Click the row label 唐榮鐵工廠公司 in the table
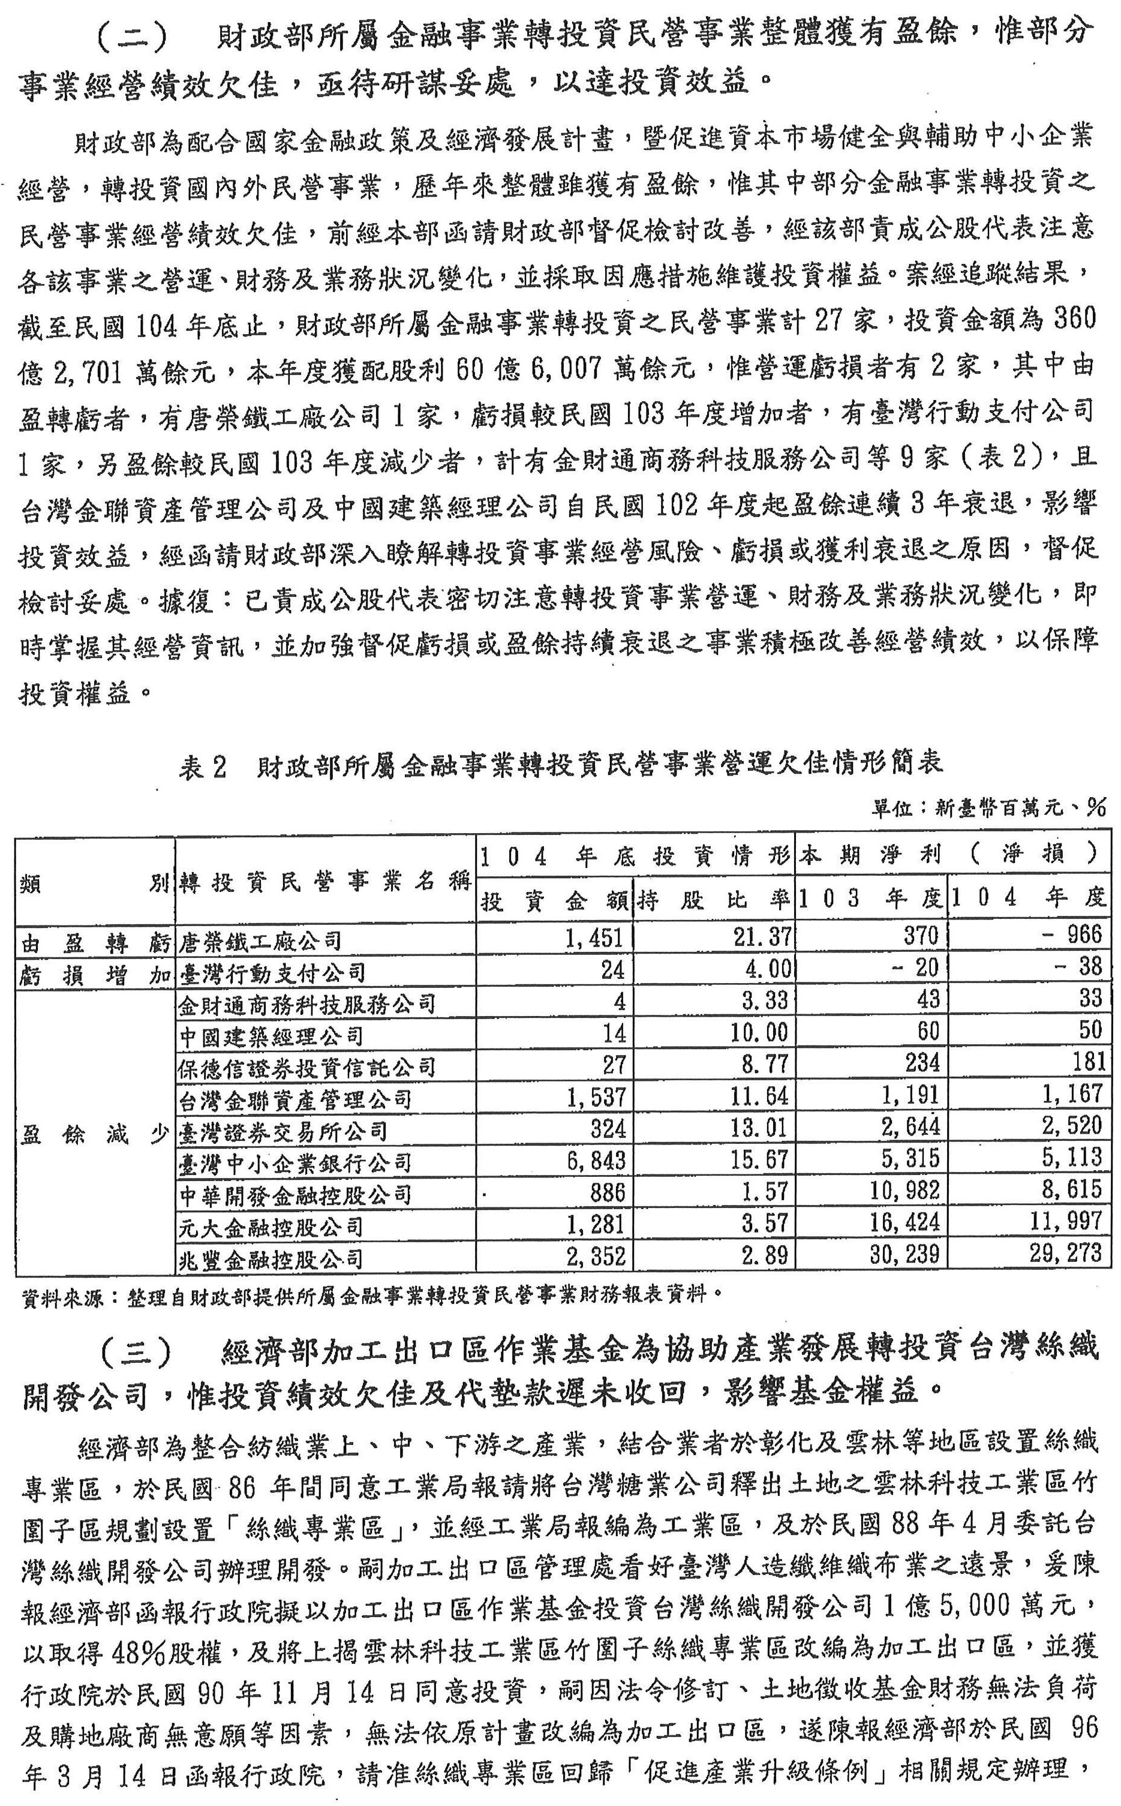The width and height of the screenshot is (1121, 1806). coord(260,942)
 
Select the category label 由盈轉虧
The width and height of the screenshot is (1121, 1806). coord(95,943)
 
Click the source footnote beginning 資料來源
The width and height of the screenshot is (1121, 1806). coord(371,1295)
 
